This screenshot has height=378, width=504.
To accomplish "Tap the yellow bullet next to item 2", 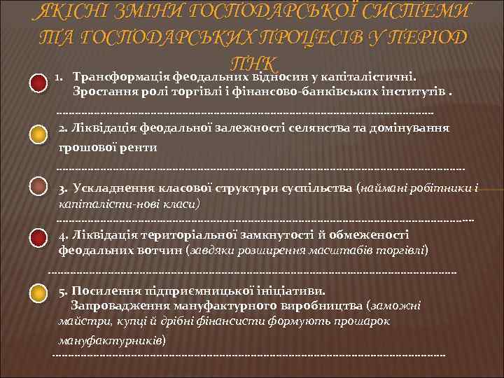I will click(39, 135).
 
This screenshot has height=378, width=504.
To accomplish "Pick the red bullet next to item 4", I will click(39, 239).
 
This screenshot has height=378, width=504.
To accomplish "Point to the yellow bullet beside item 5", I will click(39, 293).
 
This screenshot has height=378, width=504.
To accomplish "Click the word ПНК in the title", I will click(252, 63).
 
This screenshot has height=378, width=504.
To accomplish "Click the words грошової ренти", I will click(108, 148).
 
